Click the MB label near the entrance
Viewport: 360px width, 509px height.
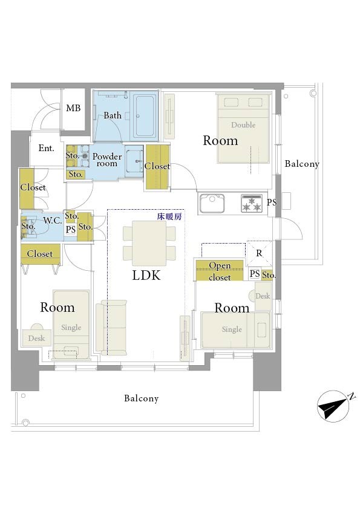(73, 108)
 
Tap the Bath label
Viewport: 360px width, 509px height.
(113, 115)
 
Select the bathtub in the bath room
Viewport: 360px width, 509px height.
(144, 115)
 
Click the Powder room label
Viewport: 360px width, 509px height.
(107, 160)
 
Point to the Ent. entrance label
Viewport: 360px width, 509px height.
(46, 148)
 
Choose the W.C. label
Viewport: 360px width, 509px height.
(52, 221)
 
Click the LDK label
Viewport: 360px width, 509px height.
(146, 275)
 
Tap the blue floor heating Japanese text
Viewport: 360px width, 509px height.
(169, 216)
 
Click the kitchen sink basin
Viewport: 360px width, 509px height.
(212, 203)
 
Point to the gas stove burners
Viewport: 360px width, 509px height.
(252, 204)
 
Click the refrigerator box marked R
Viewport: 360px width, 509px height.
(259, 253)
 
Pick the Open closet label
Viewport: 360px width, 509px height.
(220, 271)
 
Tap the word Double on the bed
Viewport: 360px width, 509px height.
(243, 125)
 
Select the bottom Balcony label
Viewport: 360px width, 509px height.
(142, 398)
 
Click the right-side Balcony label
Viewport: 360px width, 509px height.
(302, 164)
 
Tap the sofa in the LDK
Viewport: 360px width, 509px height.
(111, 328)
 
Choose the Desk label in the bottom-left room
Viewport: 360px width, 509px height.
(36, 339)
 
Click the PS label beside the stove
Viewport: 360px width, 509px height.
(272, 203)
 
